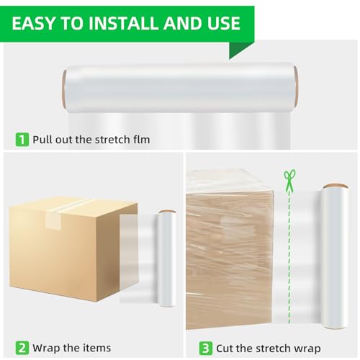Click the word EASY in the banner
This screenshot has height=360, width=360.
tap(35, 23)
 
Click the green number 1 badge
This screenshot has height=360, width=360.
tap(22, 139)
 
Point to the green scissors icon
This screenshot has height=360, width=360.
tap(289, 179)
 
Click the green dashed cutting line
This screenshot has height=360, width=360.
tap(289, 252)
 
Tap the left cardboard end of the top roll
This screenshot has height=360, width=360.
tap(65, 89)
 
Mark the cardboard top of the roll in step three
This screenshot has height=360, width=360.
tap(336, 186)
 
